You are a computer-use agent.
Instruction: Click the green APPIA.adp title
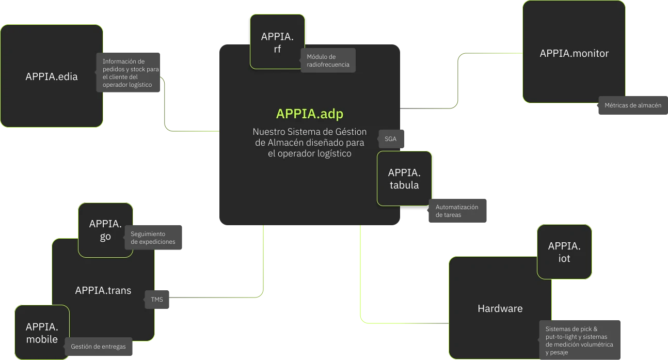[x=309, y=114]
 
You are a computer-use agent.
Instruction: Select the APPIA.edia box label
[x=52, y=77]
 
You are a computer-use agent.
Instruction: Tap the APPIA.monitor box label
[x=574, y=53]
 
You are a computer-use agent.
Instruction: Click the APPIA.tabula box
[x=404, y=179]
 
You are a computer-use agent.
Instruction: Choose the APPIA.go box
[x=105, y=230]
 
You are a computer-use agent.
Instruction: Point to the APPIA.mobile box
[x=42, y=333]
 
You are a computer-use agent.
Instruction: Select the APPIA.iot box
[x=564, y=252]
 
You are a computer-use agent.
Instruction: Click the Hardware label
[x=500, y=309]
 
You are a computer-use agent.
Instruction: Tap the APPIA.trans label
[x=103, y=290]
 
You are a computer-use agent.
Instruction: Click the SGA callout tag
[x=391, y=139]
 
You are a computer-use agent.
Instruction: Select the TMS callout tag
[x=156, y=299]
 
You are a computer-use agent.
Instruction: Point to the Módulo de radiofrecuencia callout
[x=328, y=60]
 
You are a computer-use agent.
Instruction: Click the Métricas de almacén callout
[x=632, y=105]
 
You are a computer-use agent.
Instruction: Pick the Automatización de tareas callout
[x=457, y=211]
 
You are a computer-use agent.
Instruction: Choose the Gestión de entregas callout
[x=98, y=347]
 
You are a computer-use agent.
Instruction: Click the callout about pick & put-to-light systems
[x=580, y=340]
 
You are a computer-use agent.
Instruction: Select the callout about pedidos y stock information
[x=128, y=73]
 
